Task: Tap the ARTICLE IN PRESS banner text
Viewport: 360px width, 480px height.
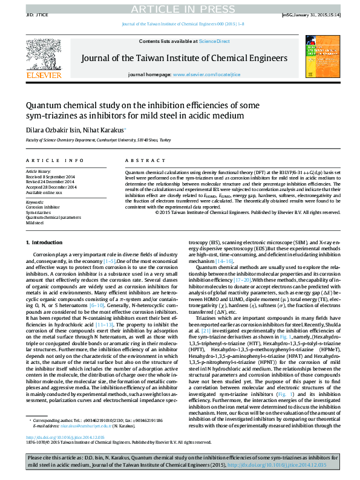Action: pos(180,7)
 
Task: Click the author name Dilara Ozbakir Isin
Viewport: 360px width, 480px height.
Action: pos(51,130)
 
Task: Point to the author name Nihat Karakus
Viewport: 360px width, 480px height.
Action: pos(103,130)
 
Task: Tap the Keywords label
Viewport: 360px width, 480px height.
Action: pos(34,202)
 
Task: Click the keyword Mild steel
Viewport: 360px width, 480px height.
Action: pos(34,222)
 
